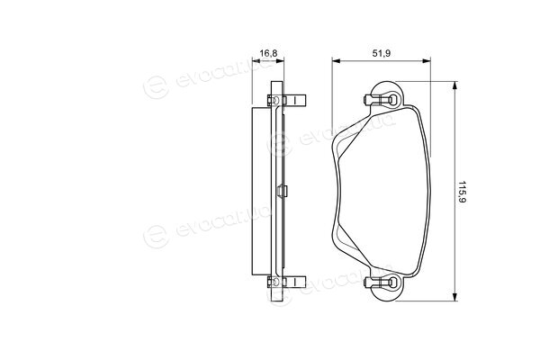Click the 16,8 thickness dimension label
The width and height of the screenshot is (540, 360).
[x=268, y=53]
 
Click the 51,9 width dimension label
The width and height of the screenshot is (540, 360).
[x=382, y=53]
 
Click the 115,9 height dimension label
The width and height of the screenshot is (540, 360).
[x=462, y=192]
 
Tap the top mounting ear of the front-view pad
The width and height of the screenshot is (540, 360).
[x=387, y=94]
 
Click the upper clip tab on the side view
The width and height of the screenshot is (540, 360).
[x=295, y=100]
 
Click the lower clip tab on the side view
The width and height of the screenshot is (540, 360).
[x=295, y=282]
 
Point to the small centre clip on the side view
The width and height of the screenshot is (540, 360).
[x=282, y=191]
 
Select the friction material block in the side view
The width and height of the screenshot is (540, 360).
[x=261, y=191]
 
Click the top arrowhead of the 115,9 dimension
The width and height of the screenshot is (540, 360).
[x=455, y=85]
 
